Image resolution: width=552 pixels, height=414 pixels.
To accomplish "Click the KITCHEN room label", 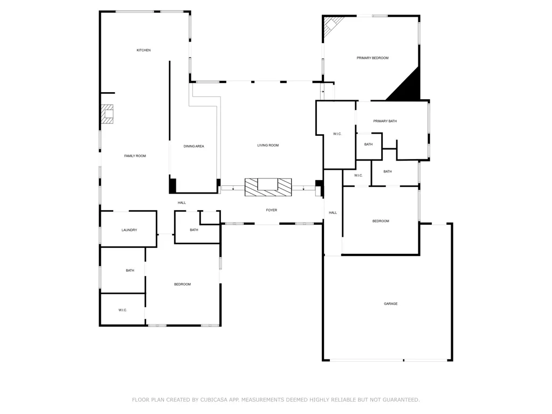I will [143, 50].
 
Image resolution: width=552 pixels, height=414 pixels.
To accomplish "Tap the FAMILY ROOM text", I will [135, 156].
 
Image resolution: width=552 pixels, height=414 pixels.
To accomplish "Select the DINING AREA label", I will [194, 146].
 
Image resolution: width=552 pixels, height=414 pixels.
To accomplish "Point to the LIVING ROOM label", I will [268, 145].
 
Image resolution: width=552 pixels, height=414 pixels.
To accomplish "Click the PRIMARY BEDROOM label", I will [372, 58].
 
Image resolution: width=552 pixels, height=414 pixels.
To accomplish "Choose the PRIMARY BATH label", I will [385, 121].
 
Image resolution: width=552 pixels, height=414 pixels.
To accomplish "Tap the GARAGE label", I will [391, 303].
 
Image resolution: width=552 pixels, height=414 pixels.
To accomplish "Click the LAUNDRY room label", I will [129, 230].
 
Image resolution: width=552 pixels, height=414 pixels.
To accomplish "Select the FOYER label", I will [272, 210].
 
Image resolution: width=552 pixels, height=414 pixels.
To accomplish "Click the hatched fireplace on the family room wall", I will [107, 114].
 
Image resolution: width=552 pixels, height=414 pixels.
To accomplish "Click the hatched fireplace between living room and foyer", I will [268, 187].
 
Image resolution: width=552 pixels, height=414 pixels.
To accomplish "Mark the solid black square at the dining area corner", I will [172, 185].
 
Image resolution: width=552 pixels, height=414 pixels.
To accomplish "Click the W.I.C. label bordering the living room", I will [337, 134].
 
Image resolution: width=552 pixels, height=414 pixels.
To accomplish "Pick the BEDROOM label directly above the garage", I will [381, 221].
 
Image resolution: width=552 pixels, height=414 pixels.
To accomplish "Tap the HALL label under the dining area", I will [182, 203].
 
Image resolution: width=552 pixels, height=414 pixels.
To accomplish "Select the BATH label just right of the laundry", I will [194, 230].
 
